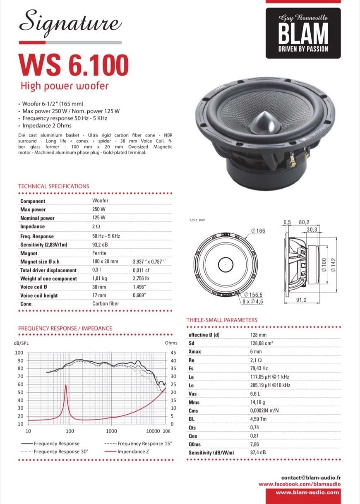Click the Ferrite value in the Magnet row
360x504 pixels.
pos(99,253)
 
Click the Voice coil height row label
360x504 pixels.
pos(39,295)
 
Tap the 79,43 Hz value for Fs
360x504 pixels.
pos(259,368)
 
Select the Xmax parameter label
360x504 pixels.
pos(194,351)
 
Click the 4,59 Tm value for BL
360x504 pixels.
pos(258,419)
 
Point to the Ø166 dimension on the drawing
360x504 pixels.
pos(258,230)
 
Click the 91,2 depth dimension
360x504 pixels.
pos(301,300)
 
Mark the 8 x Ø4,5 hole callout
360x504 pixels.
pos(252,301)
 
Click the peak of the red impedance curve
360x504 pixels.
pos(65,385)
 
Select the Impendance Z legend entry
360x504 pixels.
pos(133,451)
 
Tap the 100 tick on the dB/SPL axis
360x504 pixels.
pos(19,353)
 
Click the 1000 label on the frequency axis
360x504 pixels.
pos(111,431)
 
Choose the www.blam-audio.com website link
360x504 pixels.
pos(307,492)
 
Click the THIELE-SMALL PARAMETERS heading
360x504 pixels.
pos(222,320)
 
